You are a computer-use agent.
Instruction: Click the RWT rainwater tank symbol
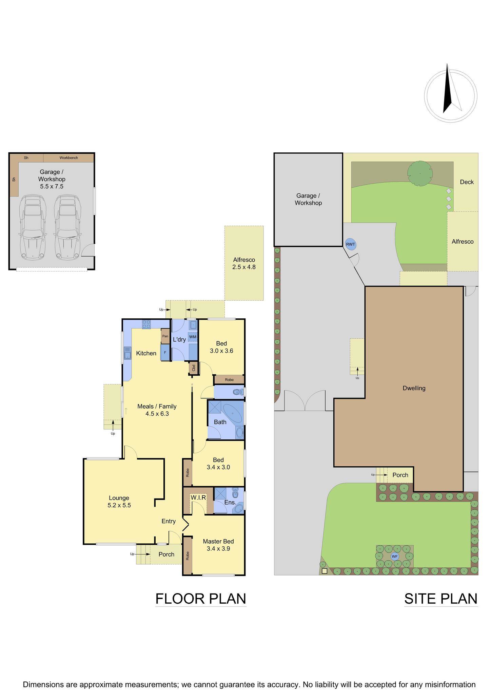351,244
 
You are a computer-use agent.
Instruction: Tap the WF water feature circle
394,557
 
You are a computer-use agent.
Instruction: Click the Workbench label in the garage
68,158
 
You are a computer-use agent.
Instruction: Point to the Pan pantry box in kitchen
165,336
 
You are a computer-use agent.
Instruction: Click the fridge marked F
165,352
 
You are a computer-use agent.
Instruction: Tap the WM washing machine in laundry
193,337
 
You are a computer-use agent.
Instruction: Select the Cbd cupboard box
194,368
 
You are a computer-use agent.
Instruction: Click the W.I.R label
198,497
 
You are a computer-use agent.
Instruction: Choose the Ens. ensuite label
230,502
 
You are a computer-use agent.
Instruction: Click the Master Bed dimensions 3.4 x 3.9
218,548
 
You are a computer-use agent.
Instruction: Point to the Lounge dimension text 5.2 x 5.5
119,505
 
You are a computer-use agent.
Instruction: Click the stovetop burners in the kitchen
146,324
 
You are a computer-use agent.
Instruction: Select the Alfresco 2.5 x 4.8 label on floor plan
244,263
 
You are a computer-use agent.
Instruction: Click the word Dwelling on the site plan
414,388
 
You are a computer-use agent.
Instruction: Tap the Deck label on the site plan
467,182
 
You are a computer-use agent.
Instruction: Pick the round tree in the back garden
420,173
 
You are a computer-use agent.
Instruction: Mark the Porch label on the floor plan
166,554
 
